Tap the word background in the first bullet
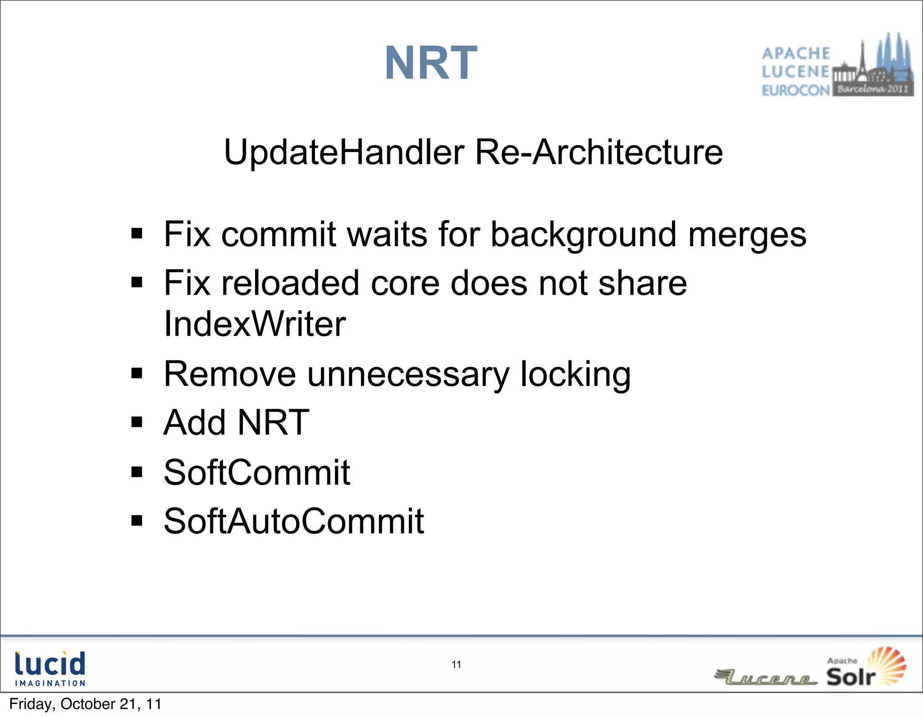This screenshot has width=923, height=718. tap(583, 235)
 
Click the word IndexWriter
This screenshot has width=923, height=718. tap(255, 324)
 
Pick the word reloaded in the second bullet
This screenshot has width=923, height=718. tap(290, 283)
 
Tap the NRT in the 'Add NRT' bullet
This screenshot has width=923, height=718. tap(273, 423)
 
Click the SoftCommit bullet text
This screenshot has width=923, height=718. tap(257, 472)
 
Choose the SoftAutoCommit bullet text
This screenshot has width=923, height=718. tap(293, 521)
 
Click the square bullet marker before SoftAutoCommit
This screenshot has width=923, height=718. tap(137, 521)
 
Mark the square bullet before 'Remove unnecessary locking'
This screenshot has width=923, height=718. tap(137, 373)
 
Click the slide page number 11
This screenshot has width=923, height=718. tap(456, 664)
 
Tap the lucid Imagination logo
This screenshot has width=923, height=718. tap(50, 668)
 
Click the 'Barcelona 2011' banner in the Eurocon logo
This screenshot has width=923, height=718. tap(873, 89)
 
